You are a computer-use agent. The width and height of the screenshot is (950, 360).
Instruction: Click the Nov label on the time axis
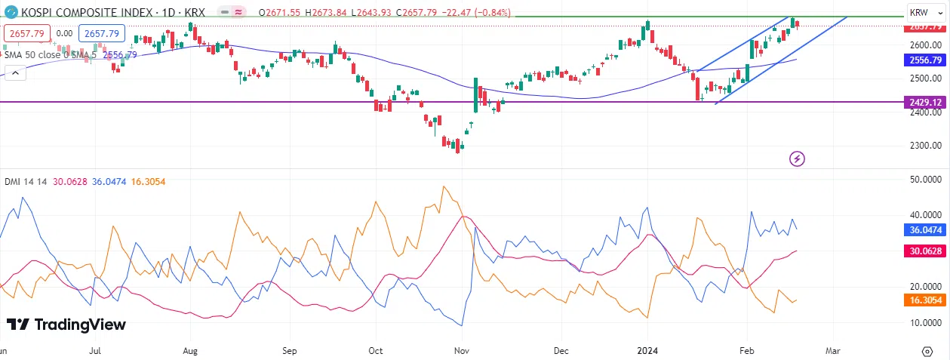(464, 351)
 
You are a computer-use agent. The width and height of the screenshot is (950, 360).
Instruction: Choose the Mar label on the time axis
(832, 351)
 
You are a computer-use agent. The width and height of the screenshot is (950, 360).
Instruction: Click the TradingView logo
(66, 325)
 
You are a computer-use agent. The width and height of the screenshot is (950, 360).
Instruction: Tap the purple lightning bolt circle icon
(798, 158)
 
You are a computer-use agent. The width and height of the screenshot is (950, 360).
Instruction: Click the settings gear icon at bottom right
(927, 351)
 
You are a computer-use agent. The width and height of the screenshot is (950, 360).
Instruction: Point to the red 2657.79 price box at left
(27, 33)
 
